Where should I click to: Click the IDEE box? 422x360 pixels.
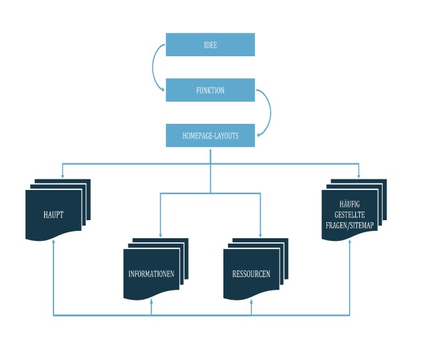210,45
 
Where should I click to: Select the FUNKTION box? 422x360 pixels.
210,90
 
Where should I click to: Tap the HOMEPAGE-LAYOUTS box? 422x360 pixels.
210,135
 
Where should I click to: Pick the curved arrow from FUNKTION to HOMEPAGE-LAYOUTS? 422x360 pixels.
270,112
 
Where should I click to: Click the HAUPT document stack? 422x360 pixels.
58,209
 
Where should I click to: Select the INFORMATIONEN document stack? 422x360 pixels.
156,269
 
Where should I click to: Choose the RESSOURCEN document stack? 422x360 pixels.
255,269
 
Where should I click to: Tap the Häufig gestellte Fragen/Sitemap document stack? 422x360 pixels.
354,209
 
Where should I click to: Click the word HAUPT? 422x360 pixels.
54,215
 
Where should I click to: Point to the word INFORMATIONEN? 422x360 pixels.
151,274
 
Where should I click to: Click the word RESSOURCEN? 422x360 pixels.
251,274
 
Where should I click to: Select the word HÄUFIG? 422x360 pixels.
350,204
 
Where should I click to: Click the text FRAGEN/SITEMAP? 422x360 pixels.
350,226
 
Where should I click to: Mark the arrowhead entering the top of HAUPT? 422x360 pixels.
62,176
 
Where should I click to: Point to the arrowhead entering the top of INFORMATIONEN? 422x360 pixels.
161,235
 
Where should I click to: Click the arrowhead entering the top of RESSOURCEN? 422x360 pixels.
260,235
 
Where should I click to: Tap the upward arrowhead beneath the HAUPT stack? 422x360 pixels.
54,242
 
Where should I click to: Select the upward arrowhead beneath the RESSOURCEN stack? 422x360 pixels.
251,302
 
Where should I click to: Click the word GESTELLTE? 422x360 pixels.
350,215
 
